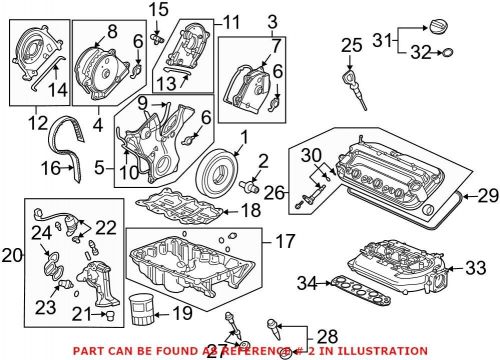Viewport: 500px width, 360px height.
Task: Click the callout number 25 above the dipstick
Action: click(x=350, y=44)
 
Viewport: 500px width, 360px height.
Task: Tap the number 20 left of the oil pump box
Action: click(x=11, y=256)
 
